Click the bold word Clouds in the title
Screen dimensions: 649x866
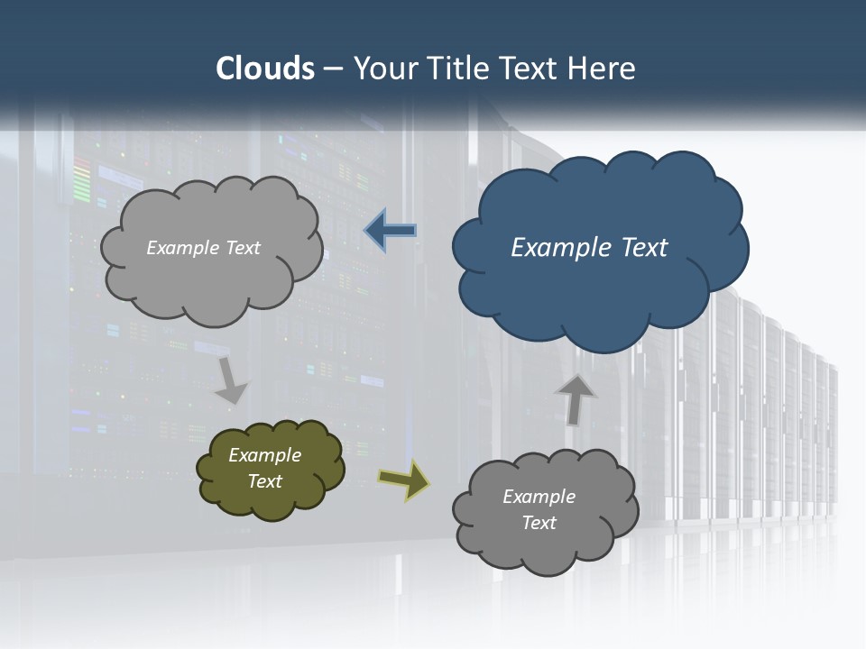(265, 69)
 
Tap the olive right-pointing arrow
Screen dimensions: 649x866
(404, 480)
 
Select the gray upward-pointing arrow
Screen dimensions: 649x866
(575, 399)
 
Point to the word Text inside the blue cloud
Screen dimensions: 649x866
(644, 248)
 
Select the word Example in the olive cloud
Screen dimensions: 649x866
(264, 455)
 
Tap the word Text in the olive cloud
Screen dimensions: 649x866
(264, 481)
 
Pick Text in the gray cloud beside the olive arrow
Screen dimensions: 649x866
(539, 523)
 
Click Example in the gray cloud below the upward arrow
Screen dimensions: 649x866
(539, 497)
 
